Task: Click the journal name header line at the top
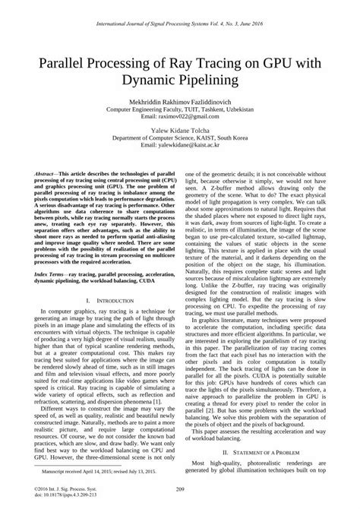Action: (x=180, y=25)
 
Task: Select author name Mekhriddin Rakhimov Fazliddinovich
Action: (x=180, y=101)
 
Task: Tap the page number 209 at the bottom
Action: (x=180, y=488)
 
